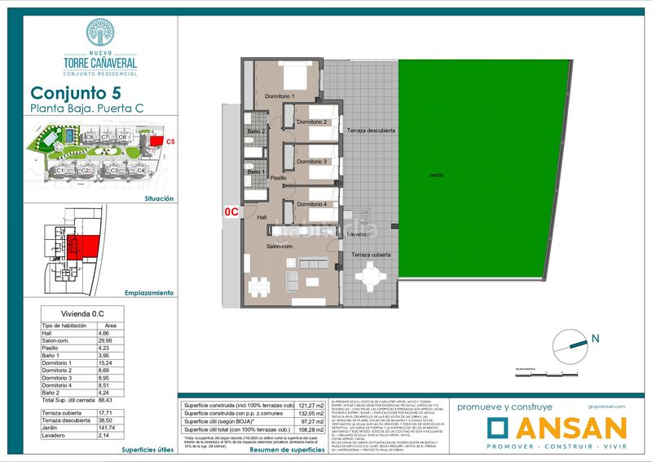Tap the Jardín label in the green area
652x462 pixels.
(438, 175)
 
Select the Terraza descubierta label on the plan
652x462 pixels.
(371, 131)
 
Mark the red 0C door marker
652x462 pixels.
(231, 211)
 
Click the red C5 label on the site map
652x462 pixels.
(170, 142)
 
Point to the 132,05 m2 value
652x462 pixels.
(308, 413)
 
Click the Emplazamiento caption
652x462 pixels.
(148, 292)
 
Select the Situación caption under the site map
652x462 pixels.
(158, 198)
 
